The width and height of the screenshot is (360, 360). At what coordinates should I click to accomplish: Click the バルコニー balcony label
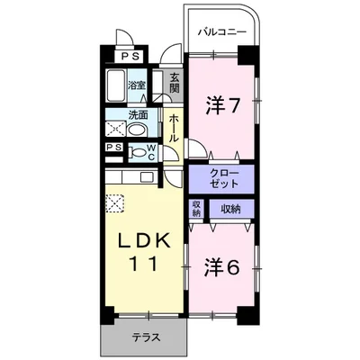pos(221,31)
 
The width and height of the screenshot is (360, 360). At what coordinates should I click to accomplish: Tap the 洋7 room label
pos(223,105)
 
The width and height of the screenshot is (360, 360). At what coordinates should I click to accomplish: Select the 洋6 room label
pos(222,267)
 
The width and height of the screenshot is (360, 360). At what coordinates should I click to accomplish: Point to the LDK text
pos(144,239)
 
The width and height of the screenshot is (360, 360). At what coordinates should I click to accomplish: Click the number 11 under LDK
pos(143,264)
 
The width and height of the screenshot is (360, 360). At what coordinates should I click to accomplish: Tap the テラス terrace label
pos(146,337)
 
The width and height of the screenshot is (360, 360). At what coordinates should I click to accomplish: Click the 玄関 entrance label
pos(175,83)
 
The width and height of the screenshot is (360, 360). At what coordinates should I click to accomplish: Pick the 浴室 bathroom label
pos(137,85)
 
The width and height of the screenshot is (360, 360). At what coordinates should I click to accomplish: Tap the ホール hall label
pos(174,129)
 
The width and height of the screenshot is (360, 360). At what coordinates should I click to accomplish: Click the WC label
pos(152,152)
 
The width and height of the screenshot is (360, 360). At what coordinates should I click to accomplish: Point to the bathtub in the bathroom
pos(115,85)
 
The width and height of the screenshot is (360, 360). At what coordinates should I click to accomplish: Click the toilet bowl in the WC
pos(138,152)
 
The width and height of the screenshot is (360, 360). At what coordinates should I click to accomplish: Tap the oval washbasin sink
pos(137,130)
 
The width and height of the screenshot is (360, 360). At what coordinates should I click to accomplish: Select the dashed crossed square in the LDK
pos(114,203)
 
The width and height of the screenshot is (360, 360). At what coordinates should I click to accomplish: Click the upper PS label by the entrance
pos(130,57)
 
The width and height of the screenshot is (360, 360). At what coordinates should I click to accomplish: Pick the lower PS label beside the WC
pos(114,148)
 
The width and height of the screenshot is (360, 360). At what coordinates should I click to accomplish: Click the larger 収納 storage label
pos(231,209)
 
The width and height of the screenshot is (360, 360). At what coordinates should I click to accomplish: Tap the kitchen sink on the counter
pos(148,177)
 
